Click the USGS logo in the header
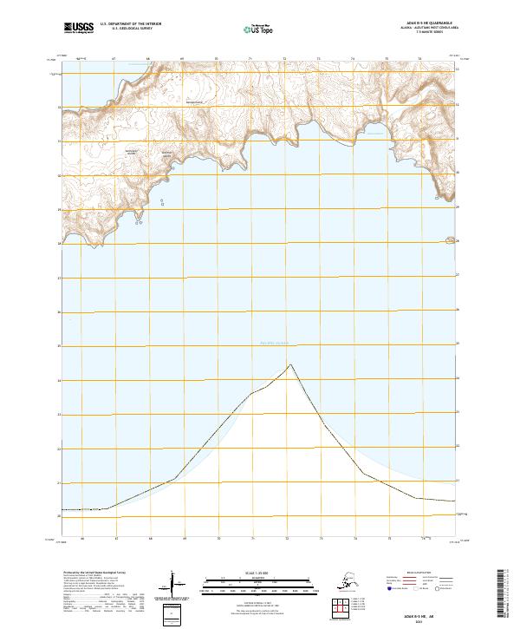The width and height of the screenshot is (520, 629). (78, 29)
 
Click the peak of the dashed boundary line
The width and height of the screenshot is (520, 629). (290, 364)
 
